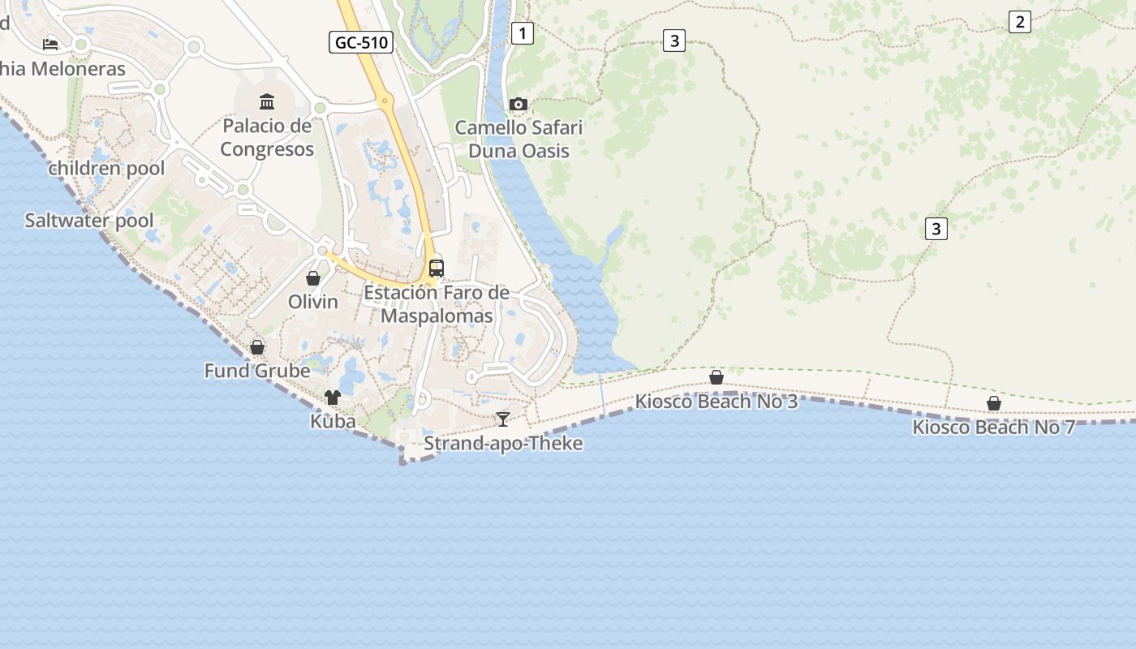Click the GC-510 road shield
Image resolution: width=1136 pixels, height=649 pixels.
coord(361,42)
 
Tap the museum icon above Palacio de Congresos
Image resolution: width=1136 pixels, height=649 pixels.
coord(267,101)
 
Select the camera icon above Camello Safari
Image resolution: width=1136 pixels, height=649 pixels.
coord(518,104)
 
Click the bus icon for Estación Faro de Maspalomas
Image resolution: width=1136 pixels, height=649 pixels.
coord(437,268)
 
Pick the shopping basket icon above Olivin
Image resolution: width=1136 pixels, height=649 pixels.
coord(313,278)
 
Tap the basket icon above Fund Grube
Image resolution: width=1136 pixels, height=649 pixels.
coord(257,347)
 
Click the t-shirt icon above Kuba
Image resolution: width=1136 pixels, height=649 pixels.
coord(333,398)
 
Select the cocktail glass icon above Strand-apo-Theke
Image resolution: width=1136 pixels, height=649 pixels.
coord(503,419)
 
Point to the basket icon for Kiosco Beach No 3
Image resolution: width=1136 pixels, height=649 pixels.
coord(716,377)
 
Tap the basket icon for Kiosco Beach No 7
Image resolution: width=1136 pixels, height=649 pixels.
coord(994,403)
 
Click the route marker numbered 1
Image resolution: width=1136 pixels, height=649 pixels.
coord(523,33)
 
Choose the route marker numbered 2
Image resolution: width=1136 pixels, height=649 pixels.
coord(1019,22)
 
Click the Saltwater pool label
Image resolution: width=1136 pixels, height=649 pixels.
coord(88,221)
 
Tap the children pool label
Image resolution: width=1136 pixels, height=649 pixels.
coord(106,169)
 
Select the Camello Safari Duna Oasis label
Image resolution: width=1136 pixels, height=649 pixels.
coord(519,140)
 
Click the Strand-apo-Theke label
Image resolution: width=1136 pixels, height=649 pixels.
coord(503,443)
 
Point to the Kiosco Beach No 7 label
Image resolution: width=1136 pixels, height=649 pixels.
coord(993,427)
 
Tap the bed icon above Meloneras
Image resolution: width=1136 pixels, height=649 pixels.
coord(50,44)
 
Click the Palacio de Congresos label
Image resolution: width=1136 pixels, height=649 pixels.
coord(267,138)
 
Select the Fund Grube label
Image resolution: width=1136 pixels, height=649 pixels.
coord(257,371)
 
